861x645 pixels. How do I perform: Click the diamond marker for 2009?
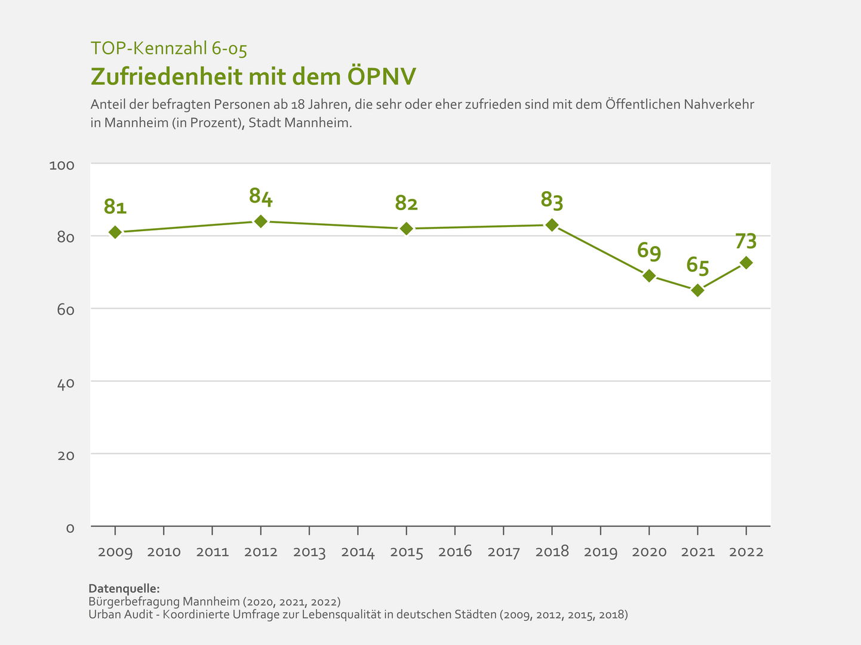(x=115, y=232)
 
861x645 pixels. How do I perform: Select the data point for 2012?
(x=261, y=221)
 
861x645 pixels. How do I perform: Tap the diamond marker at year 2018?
(x=552, y=225)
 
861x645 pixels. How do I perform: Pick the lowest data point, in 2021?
(x=697, y=290)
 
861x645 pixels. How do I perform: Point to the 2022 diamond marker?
(x=746, y=263)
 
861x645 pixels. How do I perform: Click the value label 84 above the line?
(x=261, y=197)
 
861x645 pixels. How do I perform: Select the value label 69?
(x=649, y=251)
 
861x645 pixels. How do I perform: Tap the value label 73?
(x=746, y=241)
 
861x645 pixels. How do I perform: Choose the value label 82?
(x=406, y=204)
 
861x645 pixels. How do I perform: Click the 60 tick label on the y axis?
(x=65, y=310)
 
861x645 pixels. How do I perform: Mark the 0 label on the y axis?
(x=70, y=528)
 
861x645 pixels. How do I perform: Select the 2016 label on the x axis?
(x=455, y=552)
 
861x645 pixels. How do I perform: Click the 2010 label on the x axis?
(x=164, y=552)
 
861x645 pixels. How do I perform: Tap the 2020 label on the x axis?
(x=649, y=552)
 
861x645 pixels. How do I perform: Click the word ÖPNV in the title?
(x=382, y=76)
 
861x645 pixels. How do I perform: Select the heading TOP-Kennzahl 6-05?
(x=168, y=49)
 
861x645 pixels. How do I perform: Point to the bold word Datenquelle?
(x=124, y=588)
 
